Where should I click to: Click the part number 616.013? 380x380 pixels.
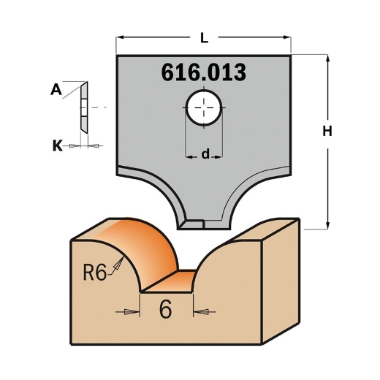202,73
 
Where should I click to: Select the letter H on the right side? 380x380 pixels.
327,132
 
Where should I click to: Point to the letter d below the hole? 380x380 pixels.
205,154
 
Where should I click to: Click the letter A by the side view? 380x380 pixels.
56,91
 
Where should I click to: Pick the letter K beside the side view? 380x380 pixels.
57,145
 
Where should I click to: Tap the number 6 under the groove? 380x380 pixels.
165,310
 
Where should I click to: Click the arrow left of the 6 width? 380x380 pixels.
132,311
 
